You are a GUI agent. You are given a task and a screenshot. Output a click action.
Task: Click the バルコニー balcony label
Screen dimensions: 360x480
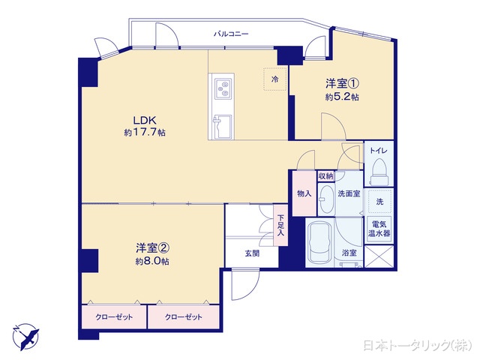[x=231, y=34]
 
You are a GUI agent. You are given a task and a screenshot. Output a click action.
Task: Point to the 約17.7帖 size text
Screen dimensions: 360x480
[x=145, y=133]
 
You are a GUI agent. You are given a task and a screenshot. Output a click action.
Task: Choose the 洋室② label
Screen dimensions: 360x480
[x=151, y=248]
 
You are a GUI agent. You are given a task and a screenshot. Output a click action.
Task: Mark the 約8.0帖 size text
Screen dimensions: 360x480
[x=152, y=261]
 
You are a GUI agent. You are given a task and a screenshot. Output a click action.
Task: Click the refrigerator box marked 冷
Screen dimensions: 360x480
[x=275, y=79]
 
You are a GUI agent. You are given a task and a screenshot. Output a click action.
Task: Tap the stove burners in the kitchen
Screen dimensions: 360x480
[x=222, y=89]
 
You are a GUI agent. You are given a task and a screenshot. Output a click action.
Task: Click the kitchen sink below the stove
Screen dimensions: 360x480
[x=223, y=125]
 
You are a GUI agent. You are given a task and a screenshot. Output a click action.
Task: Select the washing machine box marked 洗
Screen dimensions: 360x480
[x=379, y=202]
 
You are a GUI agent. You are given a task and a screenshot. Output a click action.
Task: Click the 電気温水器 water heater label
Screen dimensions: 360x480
[x=378, y=227]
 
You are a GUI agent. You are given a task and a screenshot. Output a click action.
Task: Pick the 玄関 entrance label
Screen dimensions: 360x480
[x=251, y=253]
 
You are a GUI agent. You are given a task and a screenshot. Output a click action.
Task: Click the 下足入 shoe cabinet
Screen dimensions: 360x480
[x=280, y=225]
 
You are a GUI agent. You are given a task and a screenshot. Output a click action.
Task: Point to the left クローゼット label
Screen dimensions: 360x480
[x=115, y=317]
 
